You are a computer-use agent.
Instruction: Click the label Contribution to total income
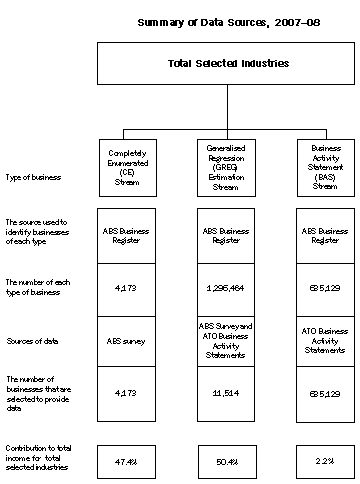[41, 460]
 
